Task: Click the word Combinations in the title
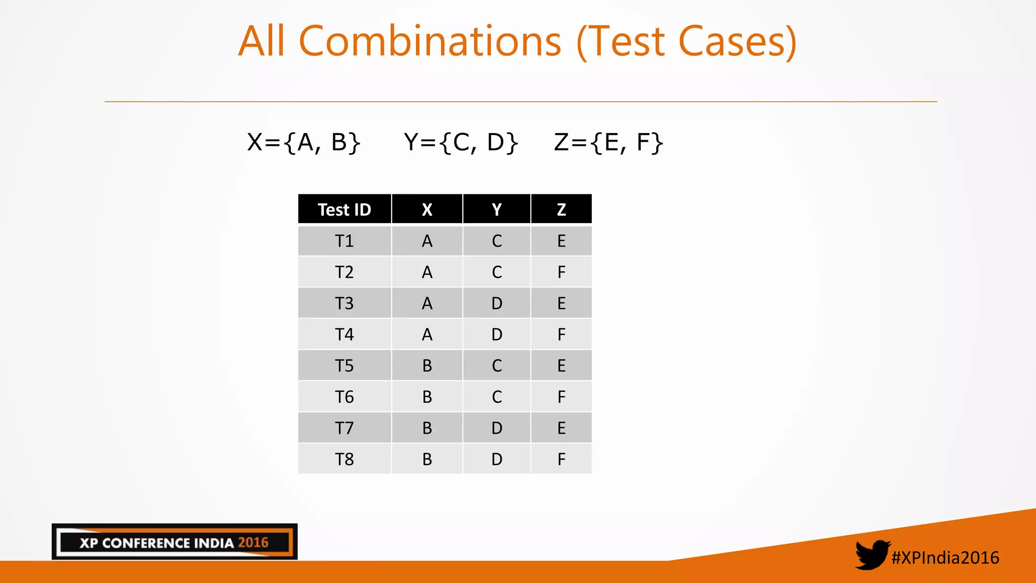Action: pyautogui.click(x=430, y=41)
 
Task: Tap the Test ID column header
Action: pyautogui.click(x=344, y=210)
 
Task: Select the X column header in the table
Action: pyautogui.click(x=427, y=210)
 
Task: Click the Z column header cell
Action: pyautogui.click(x=561, y=210)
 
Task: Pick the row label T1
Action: pyautogui.click(x=344, y=241)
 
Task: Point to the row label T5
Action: pyautogui.click(x=344, y=366)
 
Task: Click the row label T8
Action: pyautogui.click(x=344, y=460)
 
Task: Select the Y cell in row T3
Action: pyautogui.click(x=497, y=304)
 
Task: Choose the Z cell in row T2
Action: pyautogui.click(x=561, y=272)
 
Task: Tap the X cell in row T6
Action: pyautogui.click(x=427, y=397)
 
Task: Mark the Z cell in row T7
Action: pyautogui.click(x=561, y=428)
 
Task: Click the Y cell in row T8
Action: pyautogui.click(x=497, y=460)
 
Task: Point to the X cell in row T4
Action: pyautogui.click(x=427, y=335)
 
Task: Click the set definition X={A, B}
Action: pyautogui.click(x=304, y=142)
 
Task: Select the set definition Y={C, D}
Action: pyautogui.click(x=461, y=142)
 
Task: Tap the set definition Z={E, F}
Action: pyautogui.click(x=608, y=142)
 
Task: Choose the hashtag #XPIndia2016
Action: pyautogui.click(x=945, y=558)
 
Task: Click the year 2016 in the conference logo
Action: pyautogui.click(x=253, y=543)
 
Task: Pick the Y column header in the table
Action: pyautogui.click(x=497, y=210)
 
